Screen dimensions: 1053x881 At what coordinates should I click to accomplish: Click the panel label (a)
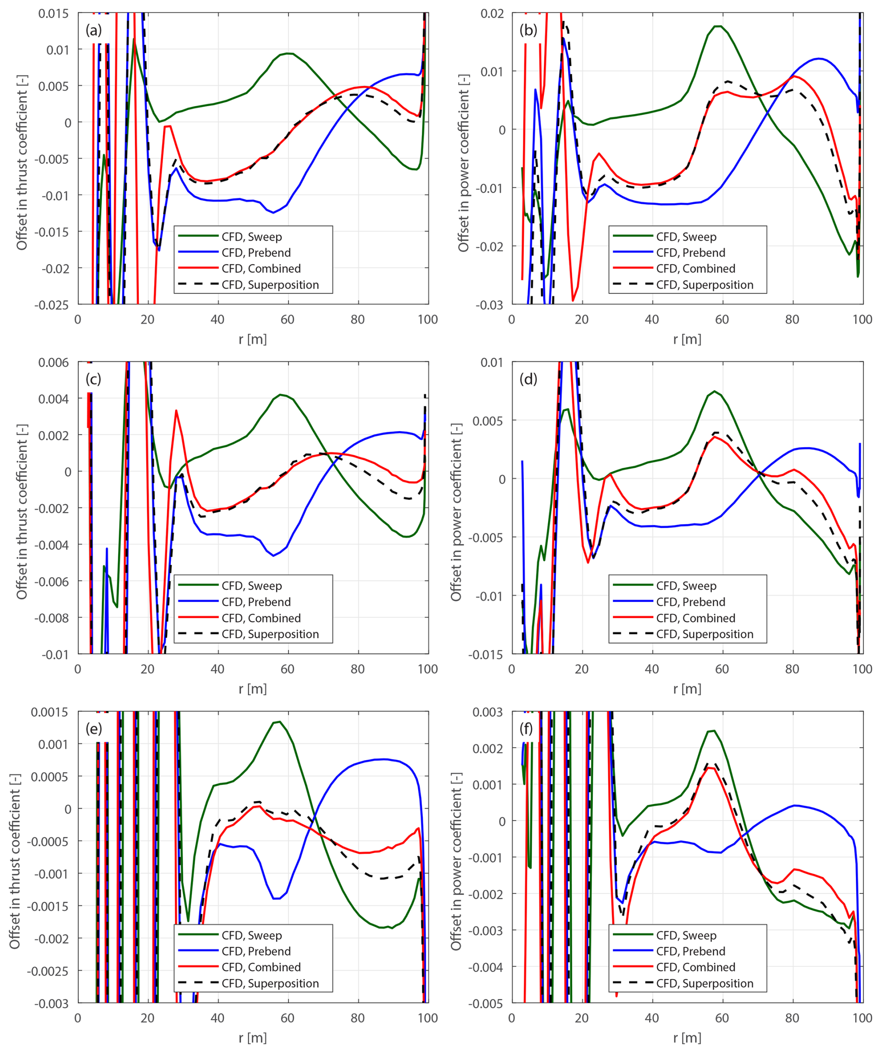pyautogui.click(x=93, y=30)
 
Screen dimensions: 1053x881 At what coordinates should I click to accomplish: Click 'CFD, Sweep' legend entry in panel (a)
pyautogui.click(x=251, y=236)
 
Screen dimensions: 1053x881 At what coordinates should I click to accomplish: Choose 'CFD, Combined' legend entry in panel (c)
pyautogui.click(x=261, y=618)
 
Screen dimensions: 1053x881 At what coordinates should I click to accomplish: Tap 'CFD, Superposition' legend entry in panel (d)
pyautogui.click(x=705, y=634)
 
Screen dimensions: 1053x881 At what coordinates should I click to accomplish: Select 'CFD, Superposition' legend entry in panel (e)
pyautogui.click(x=270, y=984)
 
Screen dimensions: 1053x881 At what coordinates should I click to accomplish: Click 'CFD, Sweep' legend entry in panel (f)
pyautogui.click(x=686, y=936)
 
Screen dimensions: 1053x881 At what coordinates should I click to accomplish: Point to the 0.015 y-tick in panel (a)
pyautogui.click(x=53, y=13)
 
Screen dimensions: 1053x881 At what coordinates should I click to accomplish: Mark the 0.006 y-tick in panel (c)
pyautogui.click(x=53, y=363)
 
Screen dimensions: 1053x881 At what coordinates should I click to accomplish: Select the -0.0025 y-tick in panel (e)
pyautogui.click(x=47, y=971)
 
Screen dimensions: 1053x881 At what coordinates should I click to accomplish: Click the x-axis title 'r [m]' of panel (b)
pyautogui.click(x=687, y=339)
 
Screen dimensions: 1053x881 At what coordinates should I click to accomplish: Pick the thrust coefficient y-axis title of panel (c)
pyautogui.click(x=21, y=512)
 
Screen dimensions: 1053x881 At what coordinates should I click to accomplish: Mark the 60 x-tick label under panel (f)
pyautogui.click(x=721, y=1018)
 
